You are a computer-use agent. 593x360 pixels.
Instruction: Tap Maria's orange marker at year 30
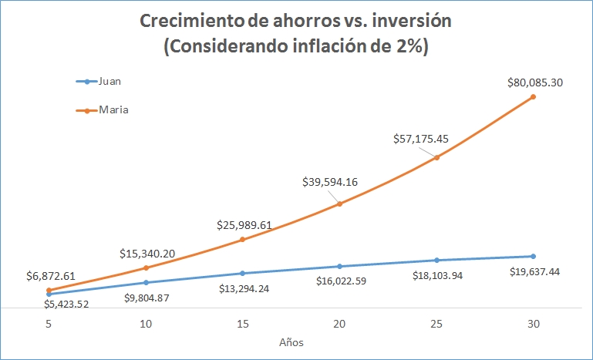(534, 96)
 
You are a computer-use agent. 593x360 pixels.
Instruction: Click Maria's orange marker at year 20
(339, 204)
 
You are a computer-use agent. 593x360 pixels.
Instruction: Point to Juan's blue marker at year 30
(534, 256)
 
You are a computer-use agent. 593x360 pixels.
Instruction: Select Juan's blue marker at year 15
(242, 273)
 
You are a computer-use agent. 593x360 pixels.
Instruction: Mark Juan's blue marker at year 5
(49, 294)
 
